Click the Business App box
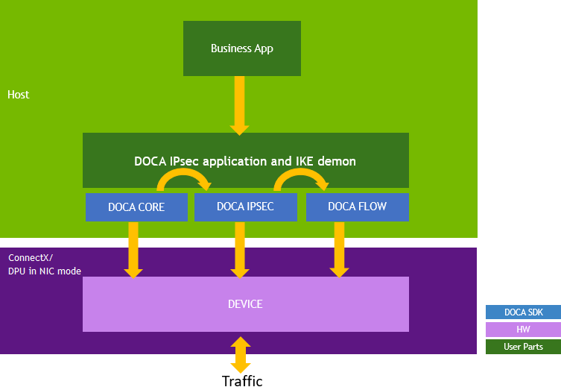point(241,48)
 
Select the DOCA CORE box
point(136,207)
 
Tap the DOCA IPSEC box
point(245,207)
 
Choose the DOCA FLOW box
point(357,207)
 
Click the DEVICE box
point(245,304)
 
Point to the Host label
point(19,95)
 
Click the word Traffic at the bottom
point(242,381)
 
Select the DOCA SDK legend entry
point(522,312)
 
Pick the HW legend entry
point(522,330)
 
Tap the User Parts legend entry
point(522,347)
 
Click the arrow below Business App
point(239,104)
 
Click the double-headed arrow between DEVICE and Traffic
point(240,354)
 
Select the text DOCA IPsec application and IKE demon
point(245,161)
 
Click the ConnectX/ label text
point(25,258)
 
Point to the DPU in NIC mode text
point(45,271)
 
